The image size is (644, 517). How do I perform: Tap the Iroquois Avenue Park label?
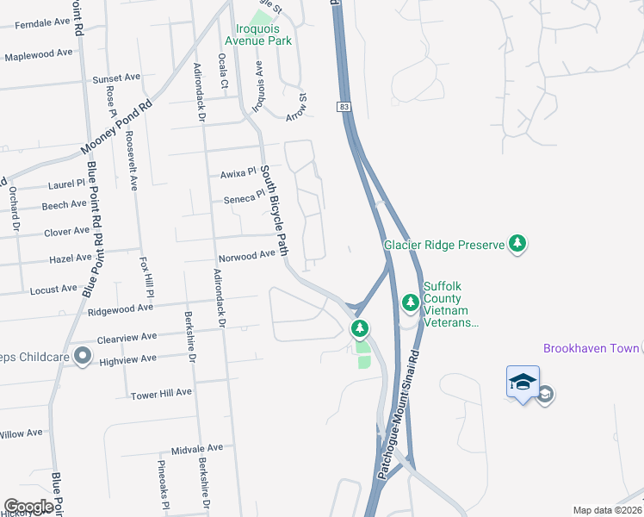coord(258,40)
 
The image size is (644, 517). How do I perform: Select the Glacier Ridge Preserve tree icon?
coord(517,245)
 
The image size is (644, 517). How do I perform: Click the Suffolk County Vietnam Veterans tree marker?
coord(411,302)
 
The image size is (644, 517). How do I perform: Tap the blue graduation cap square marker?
coord(523,381)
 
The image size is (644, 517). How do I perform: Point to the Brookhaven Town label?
coord(591,348)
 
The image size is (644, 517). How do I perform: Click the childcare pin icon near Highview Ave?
coord(83,355)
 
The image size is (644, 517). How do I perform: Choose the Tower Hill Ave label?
coord(161,393)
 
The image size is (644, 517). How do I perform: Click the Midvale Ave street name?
coord(196,448)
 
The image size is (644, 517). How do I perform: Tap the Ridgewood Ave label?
coord(120,307)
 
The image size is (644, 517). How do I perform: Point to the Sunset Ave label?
coord(116,77)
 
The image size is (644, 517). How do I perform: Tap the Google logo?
coord(28,507)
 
